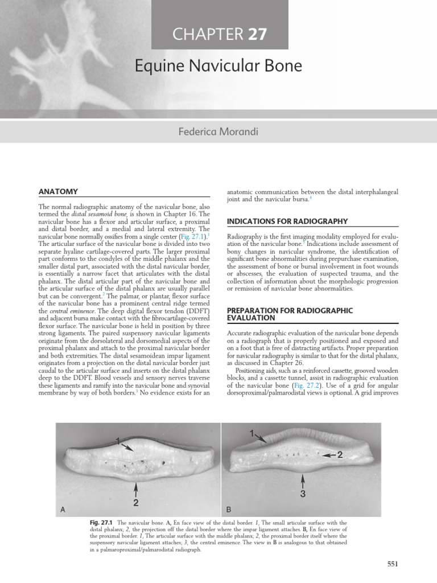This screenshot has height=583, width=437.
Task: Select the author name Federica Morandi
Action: click(218, 132)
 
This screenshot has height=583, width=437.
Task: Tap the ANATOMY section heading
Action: click(57, 191)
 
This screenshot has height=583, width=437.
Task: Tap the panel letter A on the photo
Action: click(63, 510)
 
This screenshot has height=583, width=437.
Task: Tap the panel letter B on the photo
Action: click(229, 510)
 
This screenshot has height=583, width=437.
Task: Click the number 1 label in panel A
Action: click(118, 440)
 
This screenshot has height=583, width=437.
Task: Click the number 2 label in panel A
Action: click(136, 502)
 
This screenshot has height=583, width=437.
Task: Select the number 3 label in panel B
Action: click(303, 494)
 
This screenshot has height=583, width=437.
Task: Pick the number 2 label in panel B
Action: click(340, 455)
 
